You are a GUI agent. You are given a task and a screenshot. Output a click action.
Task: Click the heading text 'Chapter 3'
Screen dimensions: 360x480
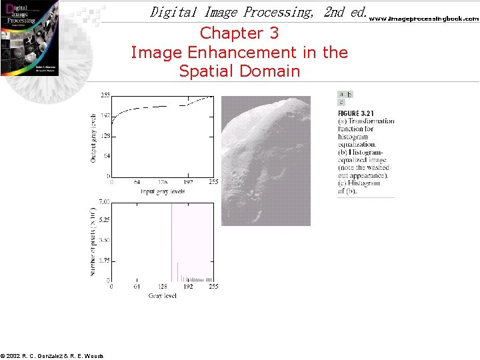click(x=239, y=33)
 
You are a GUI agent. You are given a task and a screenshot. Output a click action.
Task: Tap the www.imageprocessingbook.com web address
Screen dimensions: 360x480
click(x=424, y=19)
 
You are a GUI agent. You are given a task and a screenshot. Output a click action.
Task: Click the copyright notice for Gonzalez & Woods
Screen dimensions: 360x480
click(x=52, y=356)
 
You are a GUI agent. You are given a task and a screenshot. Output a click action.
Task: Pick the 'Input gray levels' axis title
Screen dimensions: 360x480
click(x=162, y=191)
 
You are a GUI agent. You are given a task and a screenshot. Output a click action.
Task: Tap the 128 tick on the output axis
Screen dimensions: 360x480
click(x=105, y=135)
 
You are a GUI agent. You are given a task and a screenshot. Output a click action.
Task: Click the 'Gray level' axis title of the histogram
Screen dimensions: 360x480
click(x=163, y=295)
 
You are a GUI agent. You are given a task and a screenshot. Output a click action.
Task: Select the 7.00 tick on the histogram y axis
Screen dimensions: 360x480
click(x=104, y=201)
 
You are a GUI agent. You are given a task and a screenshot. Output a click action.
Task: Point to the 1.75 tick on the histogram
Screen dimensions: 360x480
click(x=104, y=261)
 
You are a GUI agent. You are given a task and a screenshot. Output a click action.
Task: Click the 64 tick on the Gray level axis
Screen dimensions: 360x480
click(x=136, y=287)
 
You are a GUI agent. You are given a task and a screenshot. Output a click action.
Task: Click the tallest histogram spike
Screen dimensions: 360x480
click(x=172, y=240)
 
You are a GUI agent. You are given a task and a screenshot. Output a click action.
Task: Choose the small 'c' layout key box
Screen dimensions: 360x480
click(x=341, y=103)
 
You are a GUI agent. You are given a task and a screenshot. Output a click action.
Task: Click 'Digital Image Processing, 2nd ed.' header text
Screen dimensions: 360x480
click(x=259, y=12)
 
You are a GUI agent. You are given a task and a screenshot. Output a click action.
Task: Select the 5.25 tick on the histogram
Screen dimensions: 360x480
click(x=104, y=220)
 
